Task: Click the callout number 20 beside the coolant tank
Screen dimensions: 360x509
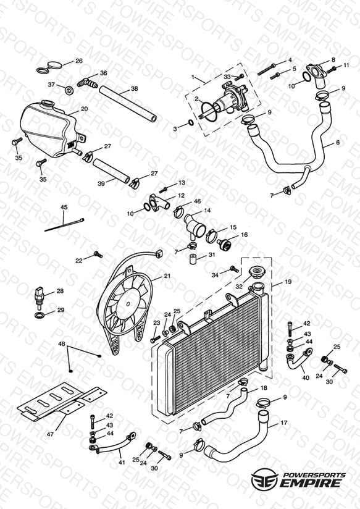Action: (85, 109)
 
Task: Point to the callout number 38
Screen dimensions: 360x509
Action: (135, 88)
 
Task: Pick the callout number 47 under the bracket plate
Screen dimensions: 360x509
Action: (50, 434)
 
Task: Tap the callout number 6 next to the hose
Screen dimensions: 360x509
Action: (338, 143)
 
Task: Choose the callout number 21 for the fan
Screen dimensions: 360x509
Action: (167, 276)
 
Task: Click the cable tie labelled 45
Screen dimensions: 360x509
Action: (64, 225)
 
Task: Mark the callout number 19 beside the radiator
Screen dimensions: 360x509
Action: (288, 282)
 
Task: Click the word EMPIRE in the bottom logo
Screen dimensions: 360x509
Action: (311, 482)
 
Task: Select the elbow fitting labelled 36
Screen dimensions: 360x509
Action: (88, 83)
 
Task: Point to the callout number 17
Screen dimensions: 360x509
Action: (283, 423)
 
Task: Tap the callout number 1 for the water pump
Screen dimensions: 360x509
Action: (193, 77)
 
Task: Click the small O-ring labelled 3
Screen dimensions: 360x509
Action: (191, 124)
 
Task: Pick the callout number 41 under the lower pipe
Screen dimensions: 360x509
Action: (122, 462)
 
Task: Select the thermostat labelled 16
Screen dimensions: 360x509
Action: (224, 244)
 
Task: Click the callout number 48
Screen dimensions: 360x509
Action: (62, 344)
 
